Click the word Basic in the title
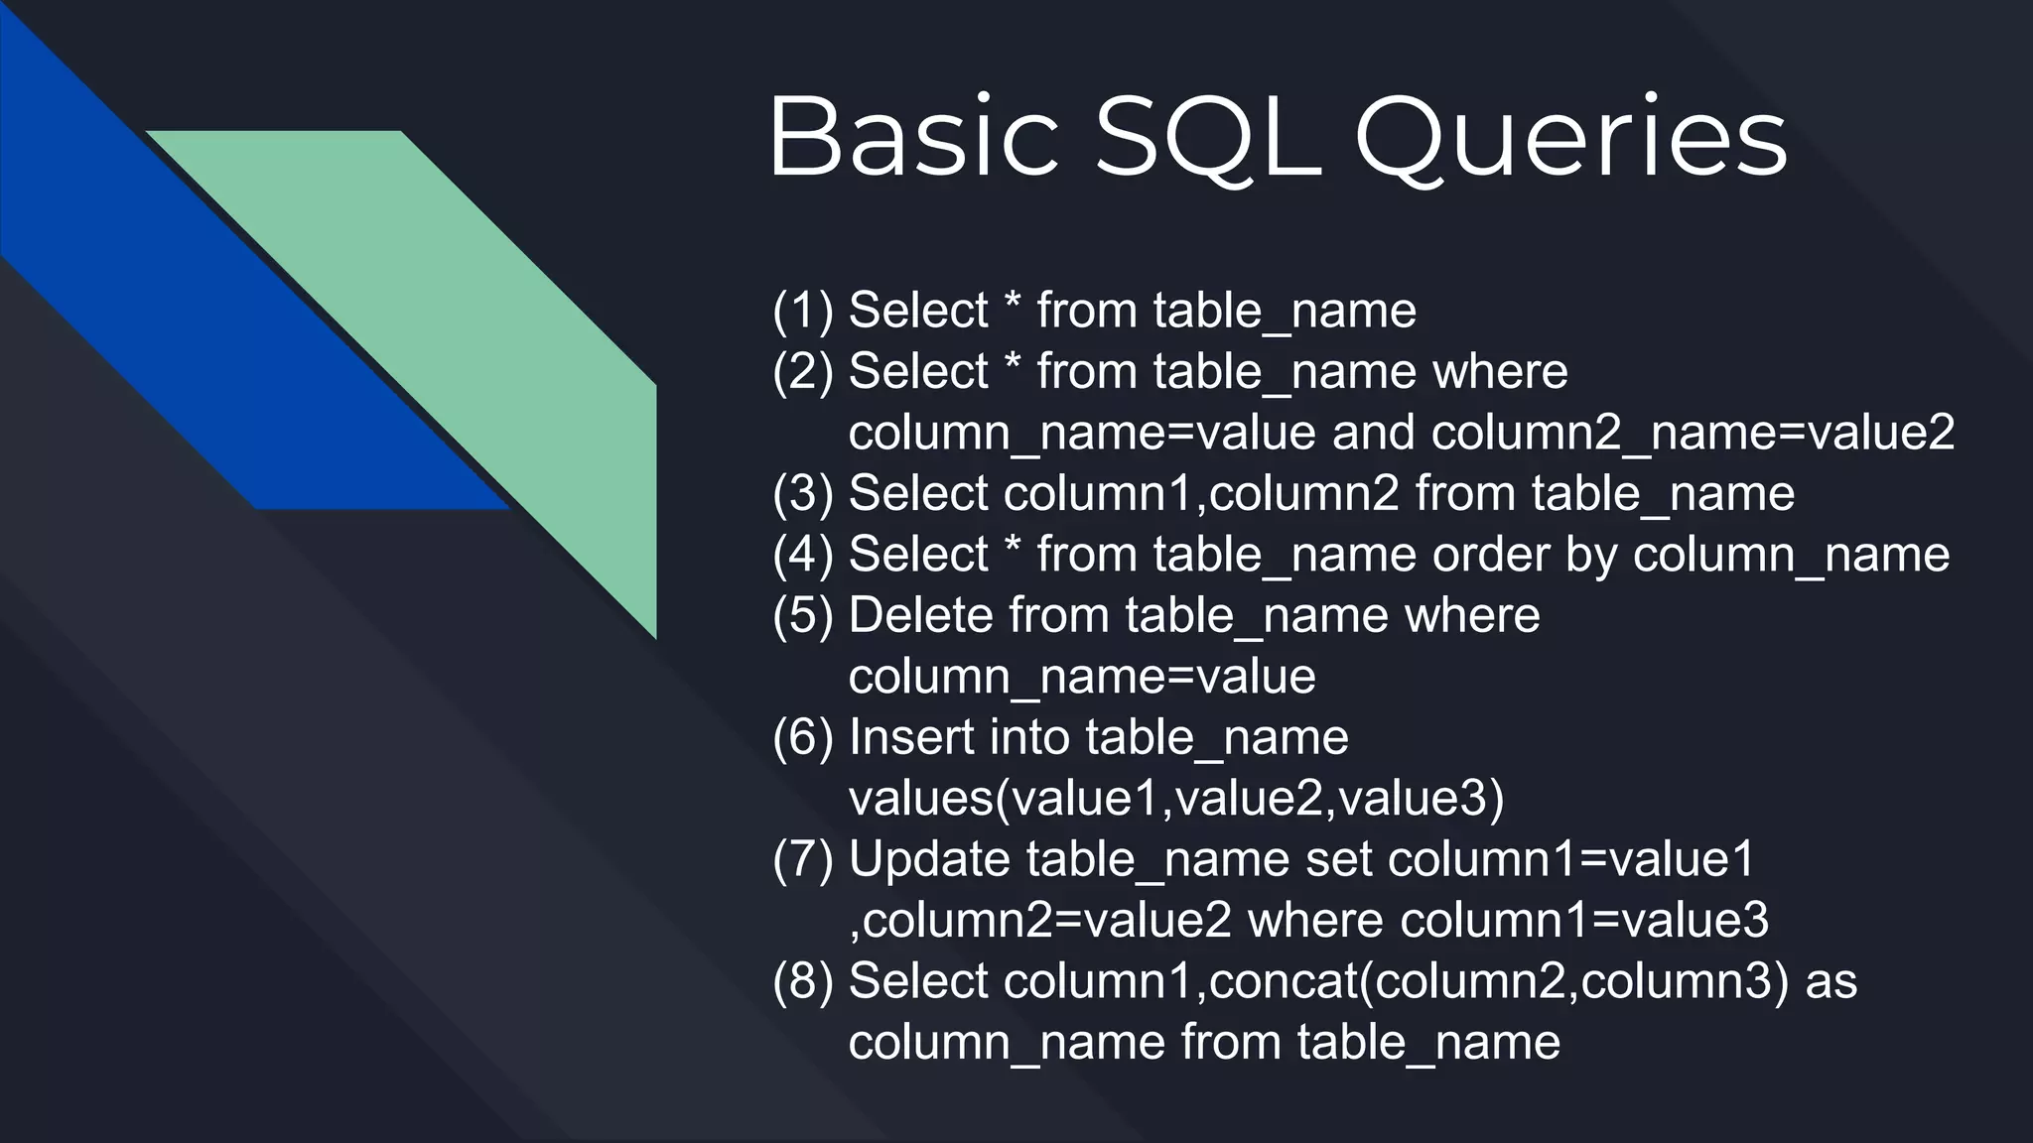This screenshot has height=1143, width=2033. pos(913,137)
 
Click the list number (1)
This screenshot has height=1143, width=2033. pos(803,311)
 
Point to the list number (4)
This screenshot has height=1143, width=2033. pos(803,555)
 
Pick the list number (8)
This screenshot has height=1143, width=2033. pos(803,981)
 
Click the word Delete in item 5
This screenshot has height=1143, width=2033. pos(920,615)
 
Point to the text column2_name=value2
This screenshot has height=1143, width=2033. pos(1693,433)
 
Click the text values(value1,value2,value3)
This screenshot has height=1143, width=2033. pos(1176,799)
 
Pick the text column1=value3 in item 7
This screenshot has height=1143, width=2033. pos(1584,921)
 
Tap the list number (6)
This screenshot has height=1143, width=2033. pos(803,737)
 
